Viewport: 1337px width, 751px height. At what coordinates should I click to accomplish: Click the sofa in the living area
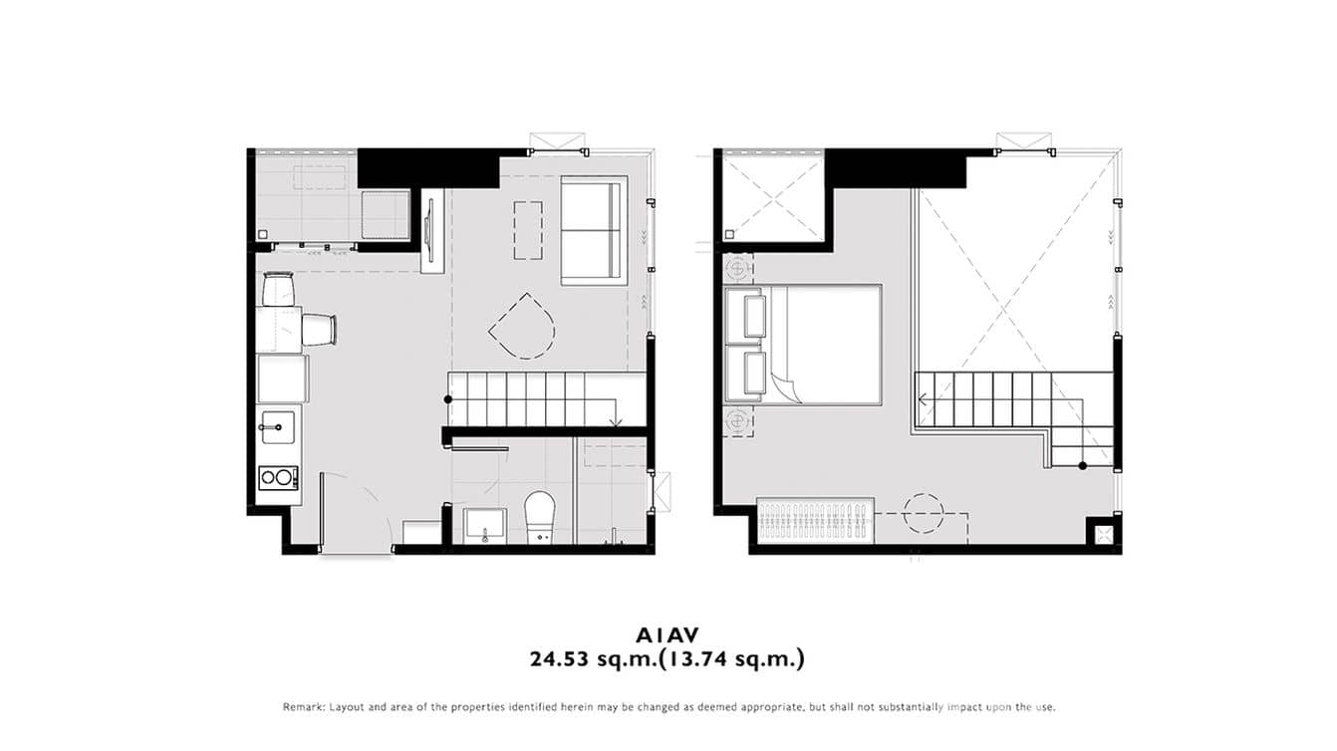click(594, 230)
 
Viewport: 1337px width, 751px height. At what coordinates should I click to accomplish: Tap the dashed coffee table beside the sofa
click(529, 230)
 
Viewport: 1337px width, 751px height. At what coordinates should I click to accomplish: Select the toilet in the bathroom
click(540, 515)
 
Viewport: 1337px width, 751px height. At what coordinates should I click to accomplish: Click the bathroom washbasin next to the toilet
click(485, 524)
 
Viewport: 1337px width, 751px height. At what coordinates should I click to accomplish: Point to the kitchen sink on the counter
click(277, 427)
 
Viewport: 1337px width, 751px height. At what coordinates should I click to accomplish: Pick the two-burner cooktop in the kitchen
click(278, 478)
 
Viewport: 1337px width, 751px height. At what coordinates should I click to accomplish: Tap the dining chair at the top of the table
click(279, 290)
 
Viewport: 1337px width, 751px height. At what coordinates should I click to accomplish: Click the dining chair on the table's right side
click(319, 329)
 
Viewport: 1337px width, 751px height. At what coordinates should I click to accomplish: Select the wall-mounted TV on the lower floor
click(429, 229)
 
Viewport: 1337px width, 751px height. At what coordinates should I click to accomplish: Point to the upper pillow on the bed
click(747, 314)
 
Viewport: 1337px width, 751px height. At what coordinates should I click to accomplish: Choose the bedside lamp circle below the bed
click(738, 421)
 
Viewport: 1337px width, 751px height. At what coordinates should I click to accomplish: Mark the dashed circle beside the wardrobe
click(923, 514)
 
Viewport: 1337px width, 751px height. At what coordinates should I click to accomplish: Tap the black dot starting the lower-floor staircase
click(448, 399)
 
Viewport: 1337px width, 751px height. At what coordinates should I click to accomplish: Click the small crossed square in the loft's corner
click(1102, 534)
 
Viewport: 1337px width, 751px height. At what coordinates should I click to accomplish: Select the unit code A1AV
click(668, 634)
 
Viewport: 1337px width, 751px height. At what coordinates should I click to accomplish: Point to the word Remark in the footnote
click(303, 707)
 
